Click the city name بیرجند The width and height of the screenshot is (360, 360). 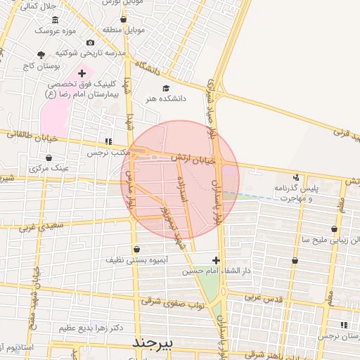(x=157, y=342)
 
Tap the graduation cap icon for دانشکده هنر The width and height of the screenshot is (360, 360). (x=166, y=88)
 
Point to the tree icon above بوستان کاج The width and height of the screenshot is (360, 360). (x=41, y=55)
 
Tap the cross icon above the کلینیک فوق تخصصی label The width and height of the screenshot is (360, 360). (x=82, y=72)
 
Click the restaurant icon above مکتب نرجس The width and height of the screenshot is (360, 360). (x=108, y=141)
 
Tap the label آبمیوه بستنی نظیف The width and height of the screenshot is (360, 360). (x=136, y=260)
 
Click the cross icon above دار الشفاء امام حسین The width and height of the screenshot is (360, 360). (x=216, y=260)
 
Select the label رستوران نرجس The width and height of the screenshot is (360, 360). (x=338, y=337)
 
